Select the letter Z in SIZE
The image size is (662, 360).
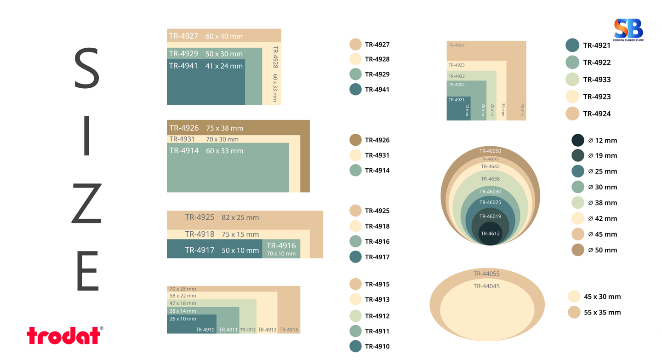click(x=86, y=204)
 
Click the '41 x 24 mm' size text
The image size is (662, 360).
click(x=224, y=66)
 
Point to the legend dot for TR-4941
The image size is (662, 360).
click(x=355, y=89)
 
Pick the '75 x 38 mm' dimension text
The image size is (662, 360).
click(x=224, y=128)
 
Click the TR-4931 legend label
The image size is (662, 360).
click(x=377, y=155)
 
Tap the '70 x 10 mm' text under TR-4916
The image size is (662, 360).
click(x=281, y=253)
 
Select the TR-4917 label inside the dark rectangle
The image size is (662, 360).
click(x=200, y=251)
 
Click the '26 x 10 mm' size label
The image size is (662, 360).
click(x=183, y=319)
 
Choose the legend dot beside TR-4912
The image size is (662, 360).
click(x=355, y=316)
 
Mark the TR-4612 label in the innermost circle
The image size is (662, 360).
click(x=490, y=234)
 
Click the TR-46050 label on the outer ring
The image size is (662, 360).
click(x=490, y=151)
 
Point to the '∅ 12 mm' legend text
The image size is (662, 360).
click(x=602, y=140)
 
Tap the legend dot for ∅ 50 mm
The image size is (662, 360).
click(x=578, y=250)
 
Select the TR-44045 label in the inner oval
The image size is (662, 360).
click(x=486, y=286)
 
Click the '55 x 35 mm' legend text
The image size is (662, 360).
click(x=602, y=312)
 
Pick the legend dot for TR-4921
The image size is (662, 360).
click(x=572, y=45)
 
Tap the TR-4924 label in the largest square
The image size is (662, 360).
click(x=457, y=45)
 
